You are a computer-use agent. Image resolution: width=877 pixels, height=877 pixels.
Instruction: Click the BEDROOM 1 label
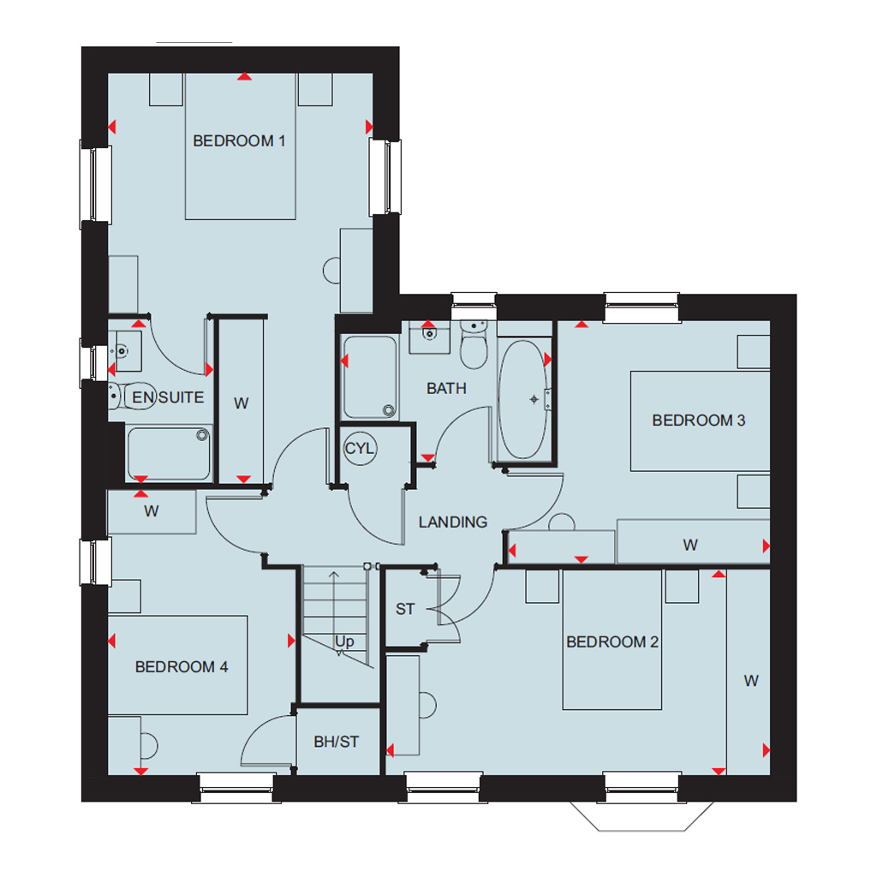239,141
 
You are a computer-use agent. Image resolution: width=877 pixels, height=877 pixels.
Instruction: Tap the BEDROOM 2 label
612,641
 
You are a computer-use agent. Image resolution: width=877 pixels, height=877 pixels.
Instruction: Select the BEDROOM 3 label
699,420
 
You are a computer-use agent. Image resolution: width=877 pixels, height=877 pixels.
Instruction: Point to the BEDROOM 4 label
182,666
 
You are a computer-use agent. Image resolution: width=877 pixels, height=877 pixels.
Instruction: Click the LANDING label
452,522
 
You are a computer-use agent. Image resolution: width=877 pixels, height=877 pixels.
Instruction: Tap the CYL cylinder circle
360,449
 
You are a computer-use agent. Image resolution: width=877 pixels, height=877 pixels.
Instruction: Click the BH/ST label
336,742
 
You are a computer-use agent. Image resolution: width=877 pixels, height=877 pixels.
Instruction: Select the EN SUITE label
168,397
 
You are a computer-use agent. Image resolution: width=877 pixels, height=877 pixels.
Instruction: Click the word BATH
446,388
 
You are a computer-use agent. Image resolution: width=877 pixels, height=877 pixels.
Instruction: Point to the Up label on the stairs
344,641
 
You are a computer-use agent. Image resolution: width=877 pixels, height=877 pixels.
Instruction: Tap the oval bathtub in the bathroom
522,399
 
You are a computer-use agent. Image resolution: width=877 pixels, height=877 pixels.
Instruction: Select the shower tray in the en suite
169,453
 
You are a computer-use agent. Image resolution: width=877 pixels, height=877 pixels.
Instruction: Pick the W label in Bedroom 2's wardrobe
751,681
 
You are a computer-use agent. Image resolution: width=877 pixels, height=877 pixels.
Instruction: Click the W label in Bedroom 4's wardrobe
151,510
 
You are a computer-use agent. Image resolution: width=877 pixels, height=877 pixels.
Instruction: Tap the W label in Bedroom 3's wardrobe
690,545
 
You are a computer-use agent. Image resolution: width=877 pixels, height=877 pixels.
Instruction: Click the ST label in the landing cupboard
405,609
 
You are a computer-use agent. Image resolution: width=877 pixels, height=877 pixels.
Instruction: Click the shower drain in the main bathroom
389,410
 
